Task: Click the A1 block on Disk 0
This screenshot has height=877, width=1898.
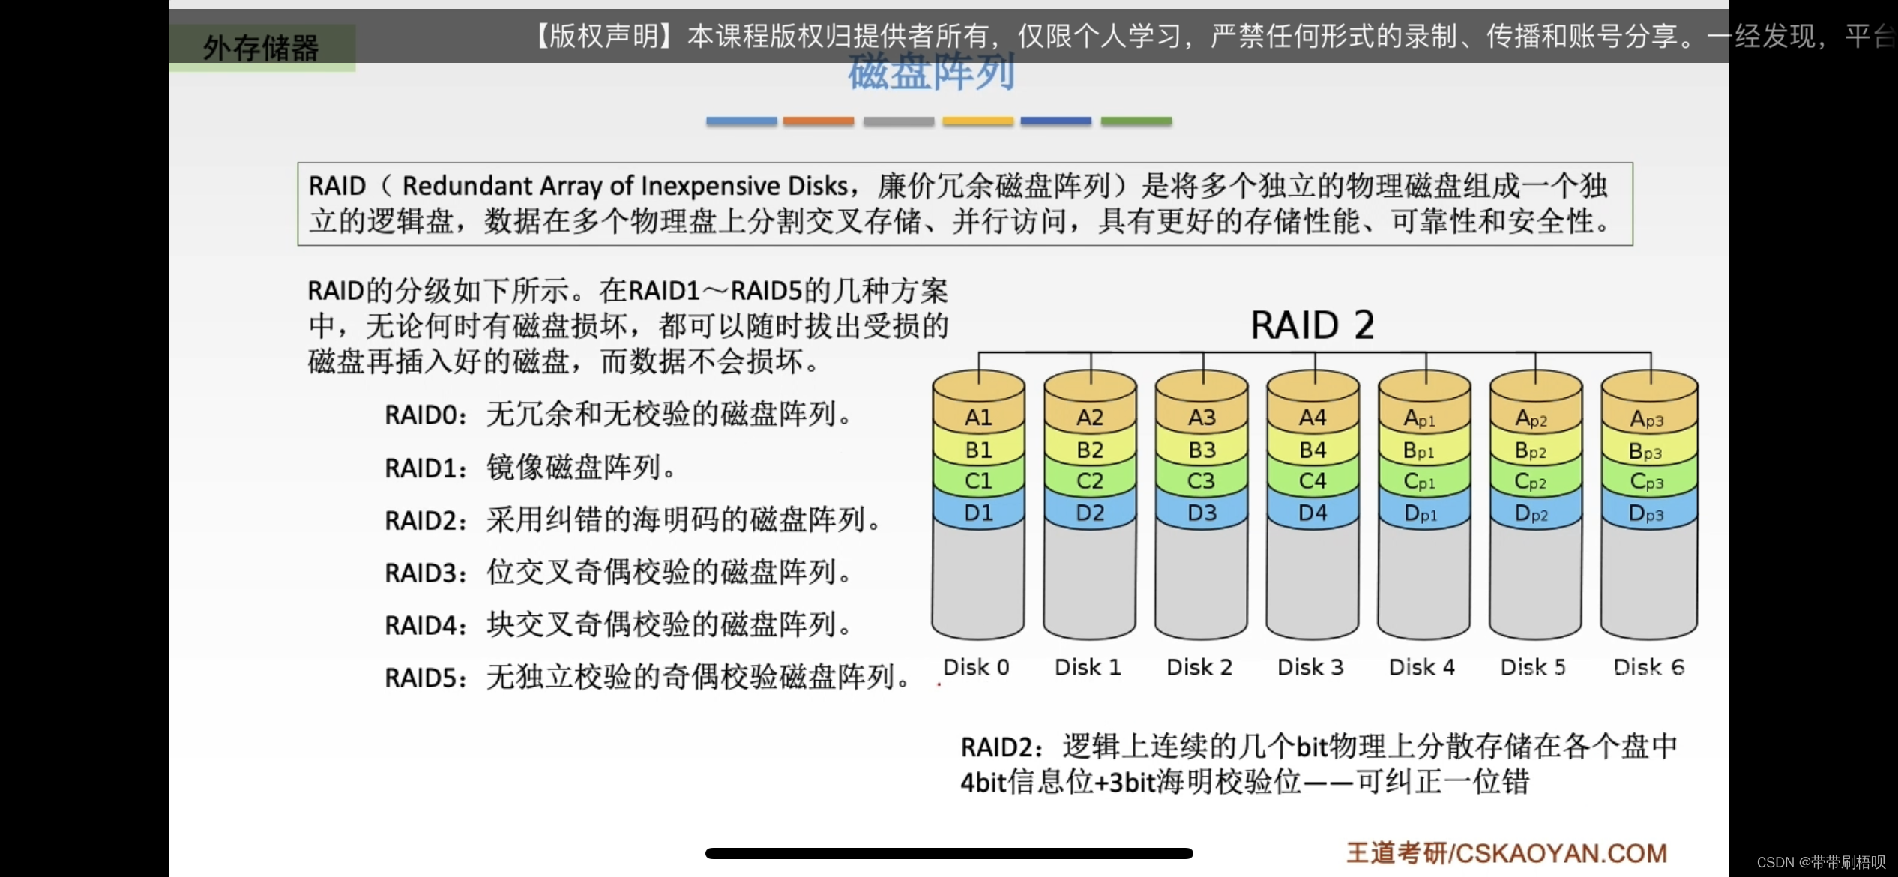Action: [x=978, y=418]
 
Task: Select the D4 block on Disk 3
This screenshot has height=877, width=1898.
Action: [x=1313, y=513]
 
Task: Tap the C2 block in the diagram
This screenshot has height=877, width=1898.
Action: [x=1090, y=481]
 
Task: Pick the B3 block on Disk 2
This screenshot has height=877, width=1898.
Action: [x=1202, y=450]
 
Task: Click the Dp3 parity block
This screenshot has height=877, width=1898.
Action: [x=1646, y=514]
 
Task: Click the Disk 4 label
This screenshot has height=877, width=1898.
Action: [x=1421, y=667]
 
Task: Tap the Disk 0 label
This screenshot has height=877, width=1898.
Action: [x=976, y=667]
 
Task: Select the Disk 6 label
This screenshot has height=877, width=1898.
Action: [x=1648, y=667]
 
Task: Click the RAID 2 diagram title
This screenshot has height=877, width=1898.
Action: [x=1313, y=325]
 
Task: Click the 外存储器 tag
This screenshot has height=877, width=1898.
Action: [x=261, y=48]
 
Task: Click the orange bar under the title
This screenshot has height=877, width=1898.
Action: [x=819, y=121]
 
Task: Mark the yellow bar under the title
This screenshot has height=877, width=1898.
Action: [x=977, y=121]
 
